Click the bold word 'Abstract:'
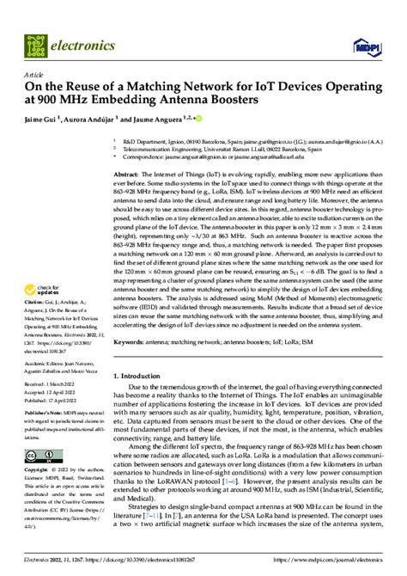[129, 174]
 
